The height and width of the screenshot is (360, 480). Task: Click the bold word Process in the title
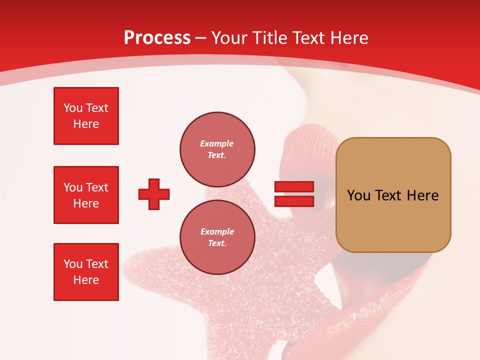tap(157, 38)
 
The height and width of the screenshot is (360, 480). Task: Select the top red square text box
tap(86, 116)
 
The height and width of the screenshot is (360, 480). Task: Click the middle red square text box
tap(86, 195)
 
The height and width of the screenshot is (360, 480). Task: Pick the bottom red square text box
tap(86, 272)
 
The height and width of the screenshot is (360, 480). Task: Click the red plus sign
tap(154, 194)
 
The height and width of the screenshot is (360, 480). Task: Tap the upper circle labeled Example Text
tap(217, 149)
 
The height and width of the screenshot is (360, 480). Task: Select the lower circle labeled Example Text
tap(217, 237)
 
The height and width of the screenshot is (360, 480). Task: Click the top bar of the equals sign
tap(294, 187)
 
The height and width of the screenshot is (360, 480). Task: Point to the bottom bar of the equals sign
tap(294, 201)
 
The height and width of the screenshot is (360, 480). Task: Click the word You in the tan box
tap(358, 195)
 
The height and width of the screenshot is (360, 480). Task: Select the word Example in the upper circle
tap(217, 144)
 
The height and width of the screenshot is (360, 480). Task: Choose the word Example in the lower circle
tap(217, 232)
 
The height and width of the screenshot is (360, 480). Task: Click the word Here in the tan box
tap(422, 195)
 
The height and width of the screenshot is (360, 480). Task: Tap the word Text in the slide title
tap(307, 38)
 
